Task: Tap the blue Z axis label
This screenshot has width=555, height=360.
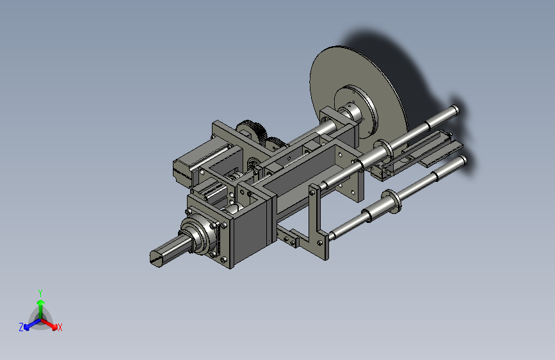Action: [x=21, y=327]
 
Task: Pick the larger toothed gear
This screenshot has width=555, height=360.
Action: [x=252, y=131]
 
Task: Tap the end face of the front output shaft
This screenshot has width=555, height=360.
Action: [x=156, y=258]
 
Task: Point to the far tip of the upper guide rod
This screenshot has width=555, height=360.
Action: [x=456, y=110]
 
